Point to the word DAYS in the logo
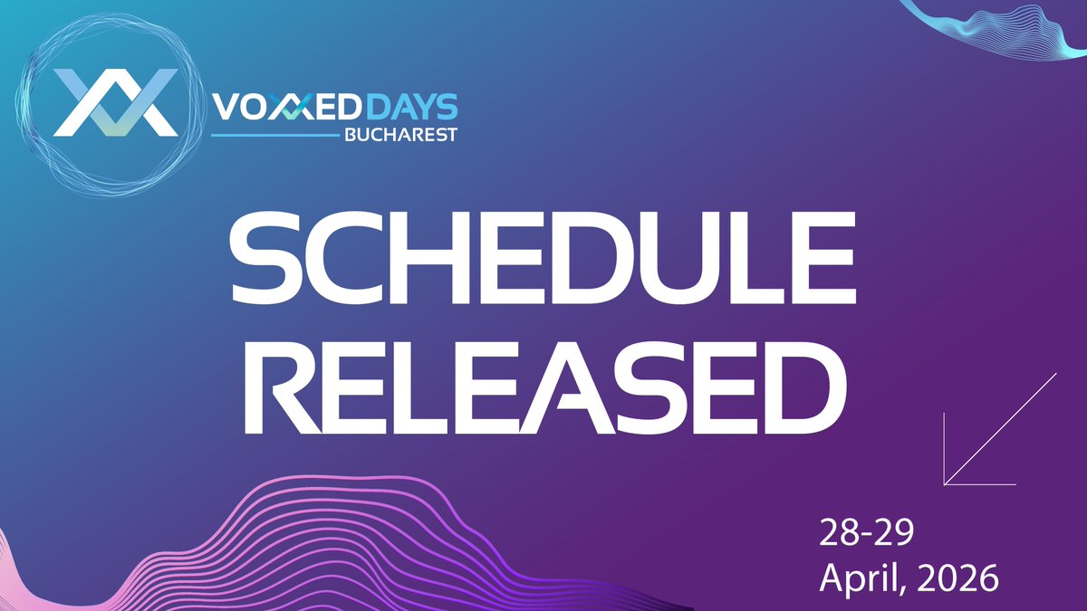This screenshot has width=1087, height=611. click(x=413, y=108)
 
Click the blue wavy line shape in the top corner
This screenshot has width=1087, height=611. click(x=996, y=27)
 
